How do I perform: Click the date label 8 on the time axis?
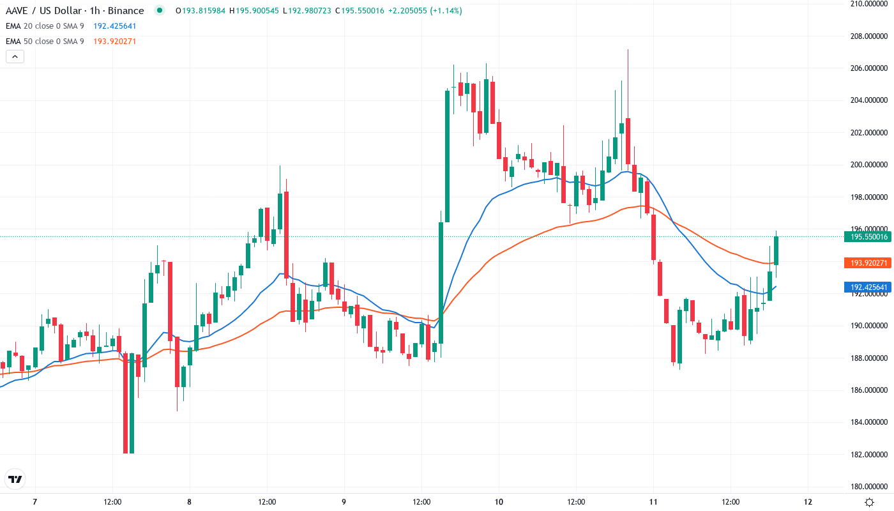point(190,501)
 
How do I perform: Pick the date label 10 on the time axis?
point(499,501)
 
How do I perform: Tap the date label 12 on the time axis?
point(808,501)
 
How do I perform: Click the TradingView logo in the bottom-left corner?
point(15,479)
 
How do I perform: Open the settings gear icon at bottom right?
point(869,501)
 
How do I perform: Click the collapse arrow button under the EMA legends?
point(15,56)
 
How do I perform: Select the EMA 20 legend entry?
point(45,26)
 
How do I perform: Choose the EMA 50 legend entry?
point(45,42)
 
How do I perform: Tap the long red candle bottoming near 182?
point(126,402)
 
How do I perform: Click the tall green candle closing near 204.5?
point(447,156)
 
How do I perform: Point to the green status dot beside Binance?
point(160,10)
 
